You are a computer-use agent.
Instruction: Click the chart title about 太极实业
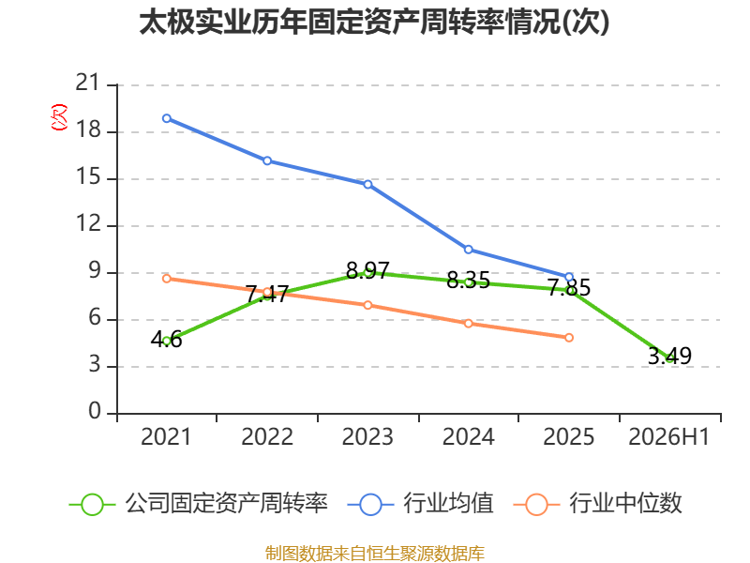(x=374, y=23)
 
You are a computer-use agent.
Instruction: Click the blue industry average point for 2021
(x=167, y=118)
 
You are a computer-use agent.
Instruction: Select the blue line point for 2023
(x=367, y=184)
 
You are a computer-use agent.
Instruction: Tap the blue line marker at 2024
(x=468, y=250)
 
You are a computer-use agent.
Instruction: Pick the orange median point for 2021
(x=167, y=279)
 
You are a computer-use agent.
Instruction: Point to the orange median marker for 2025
(x=569, y=338)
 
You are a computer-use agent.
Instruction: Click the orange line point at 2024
(x=468, y=324)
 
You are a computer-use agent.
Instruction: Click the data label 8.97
(x=367, y=270)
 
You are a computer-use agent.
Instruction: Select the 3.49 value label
(x=669, y=356)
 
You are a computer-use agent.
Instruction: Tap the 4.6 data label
(x=167, y=340)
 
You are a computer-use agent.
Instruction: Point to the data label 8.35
(x=468, y=280)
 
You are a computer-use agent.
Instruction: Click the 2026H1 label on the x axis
(x=669, y=436)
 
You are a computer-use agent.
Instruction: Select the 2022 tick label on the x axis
(x=267, y=436)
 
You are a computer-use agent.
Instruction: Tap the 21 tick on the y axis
(x=87, y=83)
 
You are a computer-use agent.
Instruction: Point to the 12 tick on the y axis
(x=88, y=223)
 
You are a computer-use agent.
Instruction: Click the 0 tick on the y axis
(x=95, y=411)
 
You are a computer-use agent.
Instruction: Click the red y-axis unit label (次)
(x=59, y=117)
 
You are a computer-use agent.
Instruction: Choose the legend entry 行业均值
(x=421, y=504)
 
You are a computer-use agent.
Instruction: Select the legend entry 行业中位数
(x=598, y=504)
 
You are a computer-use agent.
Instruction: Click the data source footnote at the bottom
(x=375, y=554)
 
